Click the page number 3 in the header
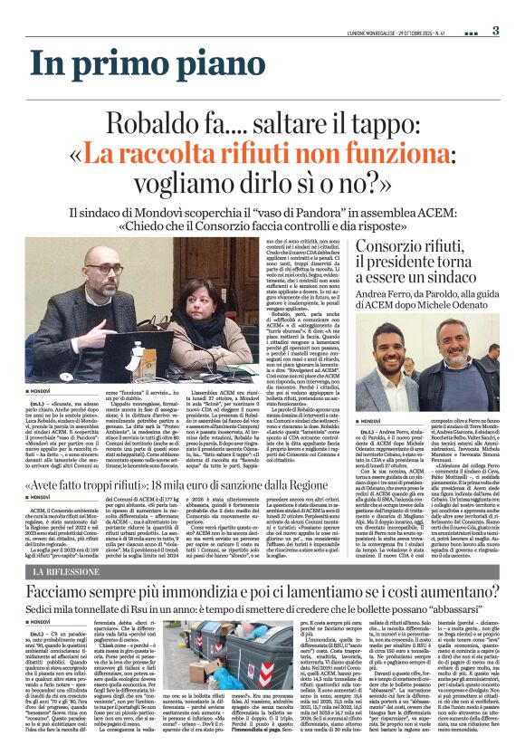coord(496,30)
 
